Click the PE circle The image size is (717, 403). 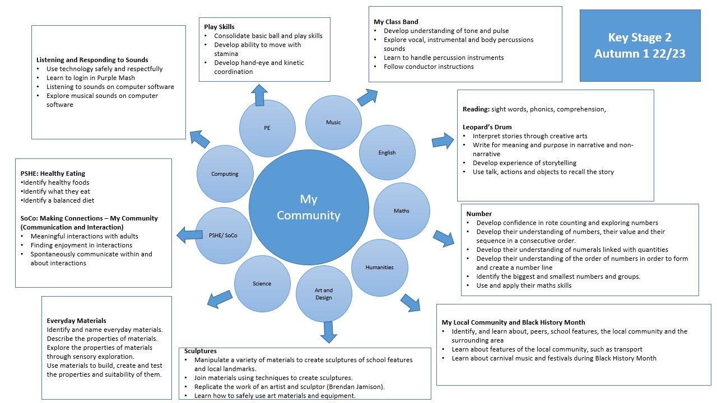267,128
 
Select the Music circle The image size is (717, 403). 333,123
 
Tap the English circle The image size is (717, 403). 387,152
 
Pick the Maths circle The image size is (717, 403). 401,211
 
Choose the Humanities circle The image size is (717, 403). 379,268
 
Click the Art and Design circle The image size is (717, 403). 324,294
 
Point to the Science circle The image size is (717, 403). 262,284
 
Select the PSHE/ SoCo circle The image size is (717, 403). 224,235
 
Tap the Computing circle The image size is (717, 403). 225,174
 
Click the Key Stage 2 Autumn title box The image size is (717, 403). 640,45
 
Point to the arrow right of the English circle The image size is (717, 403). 443,140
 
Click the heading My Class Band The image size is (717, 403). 395,22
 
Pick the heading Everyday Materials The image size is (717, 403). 76,321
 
